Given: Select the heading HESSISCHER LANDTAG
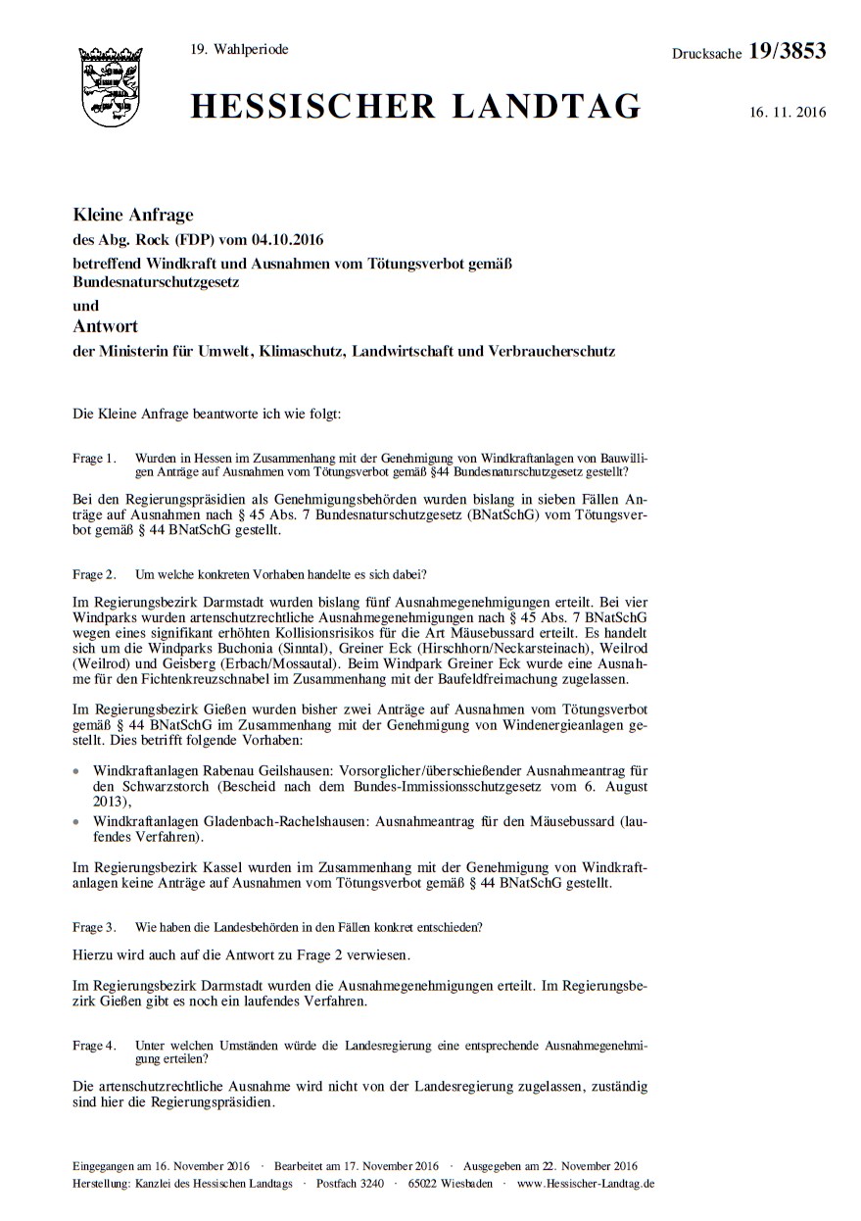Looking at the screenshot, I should pyautogui.click(x=416, y=106).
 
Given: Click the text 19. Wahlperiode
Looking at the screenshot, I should pyautogui.click(x=240, y=49).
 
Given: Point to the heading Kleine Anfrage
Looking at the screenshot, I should pyautogui.click(x=133, y=215).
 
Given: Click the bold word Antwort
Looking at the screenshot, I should pyautogui.click(x=106, y=326).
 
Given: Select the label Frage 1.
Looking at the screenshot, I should pyautogui.click(x=94, y=458).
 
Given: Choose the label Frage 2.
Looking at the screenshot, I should pyautogui.click(x=94, y=573).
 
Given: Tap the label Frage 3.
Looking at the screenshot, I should pyautogui.click(x=94, y=926).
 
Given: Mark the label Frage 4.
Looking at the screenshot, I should pyautogui.click(x=94, y=1046).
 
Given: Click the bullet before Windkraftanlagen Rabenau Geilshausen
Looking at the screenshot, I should pyautogui.click(x=78, y=773).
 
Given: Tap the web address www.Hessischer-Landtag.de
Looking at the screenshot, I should pyautogui.click(x=586, y=1184).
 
